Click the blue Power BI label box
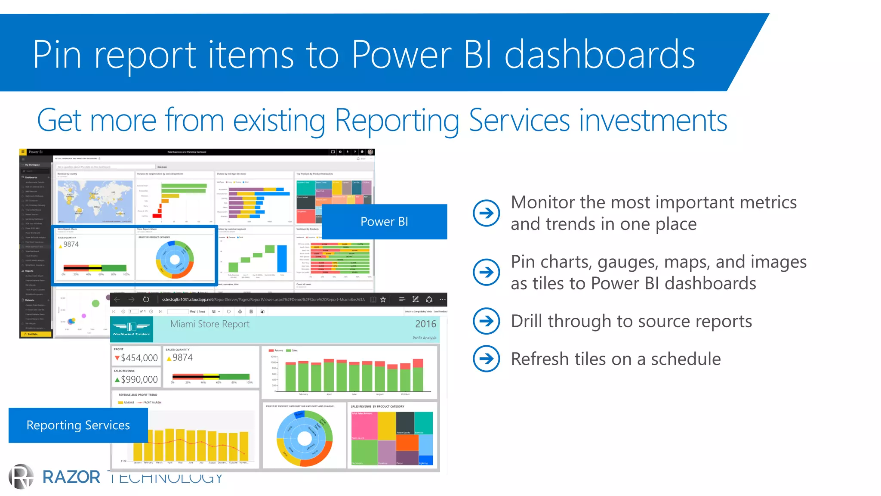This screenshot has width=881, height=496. coord(384,222)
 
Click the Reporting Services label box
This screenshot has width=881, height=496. coord(78,425)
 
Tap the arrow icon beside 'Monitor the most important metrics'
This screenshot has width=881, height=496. coord(486,213)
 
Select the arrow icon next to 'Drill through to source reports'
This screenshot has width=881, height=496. coord(486,321)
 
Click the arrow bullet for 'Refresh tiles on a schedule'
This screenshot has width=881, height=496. coord(486,358)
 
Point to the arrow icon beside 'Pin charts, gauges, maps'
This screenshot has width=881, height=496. coord(486,272)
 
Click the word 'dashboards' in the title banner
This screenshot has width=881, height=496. coord(599,55)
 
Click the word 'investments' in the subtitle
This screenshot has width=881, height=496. coord(653,121)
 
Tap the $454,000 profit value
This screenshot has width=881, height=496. coord(139,358)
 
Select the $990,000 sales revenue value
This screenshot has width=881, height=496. coord(139,379)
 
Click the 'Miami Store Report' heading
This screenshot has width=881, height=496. coord(209,324)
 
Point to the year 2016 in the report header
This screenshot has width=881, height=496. coord(425,324)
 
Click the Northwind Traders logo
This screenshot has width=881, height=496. coord(132,329)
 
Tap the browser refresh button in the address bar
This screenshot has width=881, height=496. coord(146,299)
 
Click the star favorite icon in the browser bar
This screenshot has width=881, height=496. coord(383,299)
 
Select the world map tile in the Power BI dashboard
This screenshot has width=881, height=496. coord(95,201)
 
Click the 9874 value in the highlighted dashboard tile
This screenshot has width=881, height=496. coord(71,244)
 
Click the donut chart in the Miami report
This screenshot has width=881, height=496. coord(304,438)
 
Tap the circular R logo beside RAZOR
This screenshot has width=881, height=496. coord(21,477)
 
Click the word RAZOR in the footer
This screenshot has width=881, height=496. coord(71,477)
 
